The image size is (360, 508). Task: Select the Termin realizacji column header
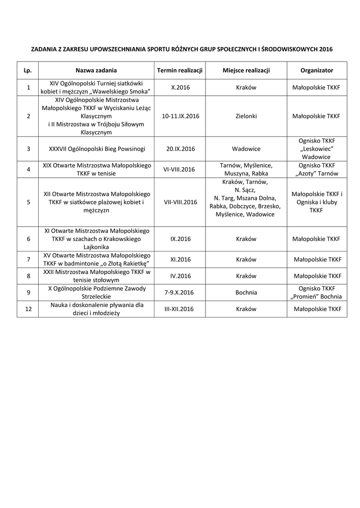[180, 70]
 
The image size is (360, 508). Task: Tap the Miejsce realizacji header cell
[246, 70]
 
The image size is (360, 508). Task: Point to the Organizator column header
[317, 70]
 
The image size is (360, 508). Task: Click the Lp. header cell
[28, 70]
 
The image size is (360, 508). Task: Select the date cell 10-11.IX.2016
[180, 116]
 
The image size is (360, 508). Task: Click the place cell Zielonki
[246, 116]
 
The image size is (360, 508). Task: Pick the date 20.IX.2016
[180, 149]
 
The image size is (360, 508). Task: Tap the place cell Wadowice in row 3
[246, 149]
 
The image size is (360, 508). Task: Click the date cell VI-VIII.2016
[180, 169]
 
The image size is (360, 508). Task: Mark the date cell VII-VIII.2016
[180, 202]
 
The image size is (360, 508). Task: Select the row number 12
[28, 309]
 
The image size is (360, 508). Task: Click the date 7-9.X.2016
[180, 292]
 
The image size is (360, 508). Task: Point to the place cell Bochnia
[246, 292]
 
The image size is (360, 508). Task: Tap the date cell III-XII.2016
[180, 309]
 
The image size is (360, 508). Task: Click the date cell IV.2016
[180, 276]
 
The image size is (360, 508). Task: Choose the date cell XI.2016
[180, 259]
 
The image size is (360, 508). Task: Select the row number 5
[28, 202]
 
